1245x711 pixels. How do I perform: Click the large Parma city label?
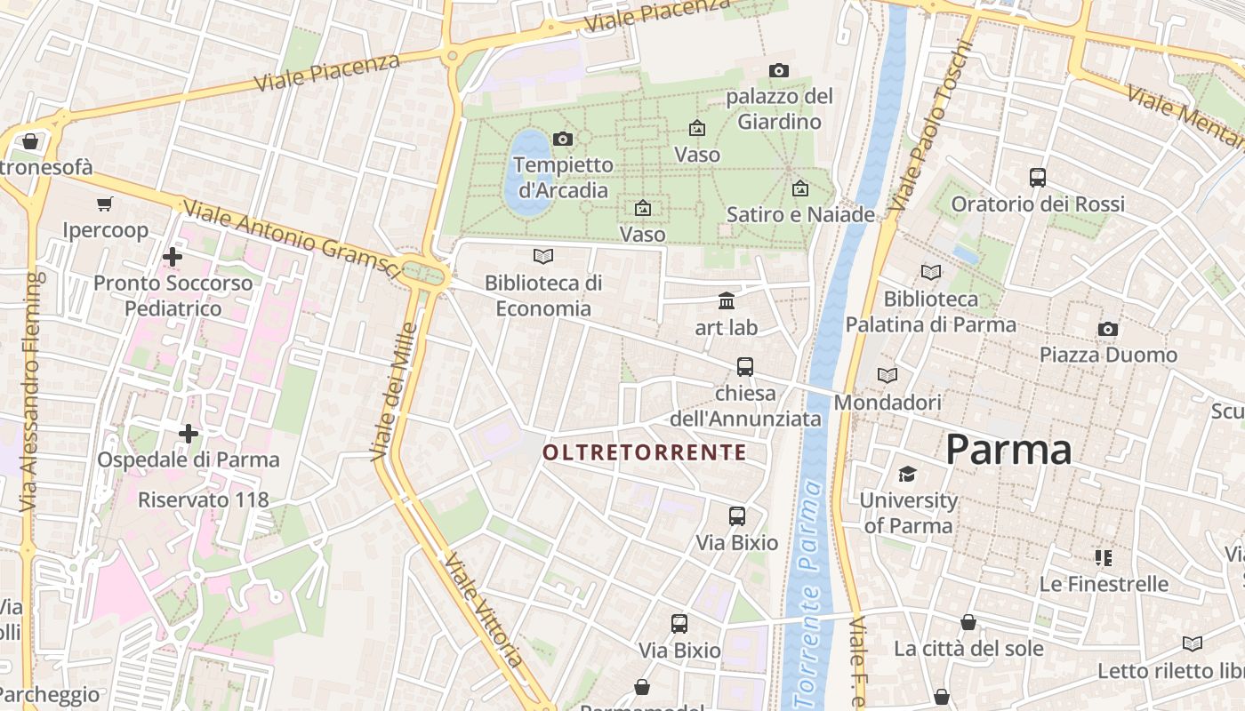1008,449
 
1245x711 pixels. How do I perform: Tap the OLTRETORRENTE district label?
645,452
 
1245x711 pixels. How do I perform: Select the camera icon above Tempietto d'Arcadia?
562,139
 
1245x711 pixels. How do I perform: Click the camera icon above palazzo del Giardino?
779,70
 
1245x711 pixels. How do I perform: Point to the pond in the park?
528,173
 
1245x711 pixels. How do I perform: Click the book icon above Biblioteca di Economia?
542,256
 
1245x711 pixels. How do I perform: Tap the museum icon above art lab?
727,300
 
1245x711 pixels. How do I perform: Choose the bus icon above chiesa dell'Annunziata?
745,366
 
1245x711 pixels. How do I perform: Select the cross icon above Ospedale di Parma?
188,433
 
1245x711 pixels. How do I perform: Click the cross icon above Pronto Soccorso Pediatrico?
173,257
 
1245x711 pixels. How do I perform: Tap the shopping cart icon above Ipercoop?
105,204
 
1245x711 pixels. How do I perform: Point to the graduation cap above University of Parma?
907,474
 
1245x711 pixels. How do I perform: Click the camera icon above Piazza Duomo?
1107,329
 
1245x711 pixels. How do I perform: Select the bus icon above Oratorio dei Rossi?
1038,177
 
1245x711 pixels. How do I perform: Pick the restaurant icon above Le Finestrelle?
1104,557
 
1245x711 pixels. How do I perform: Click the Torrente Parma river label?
807,595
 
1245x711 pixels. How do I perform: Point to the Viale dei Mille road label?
394,391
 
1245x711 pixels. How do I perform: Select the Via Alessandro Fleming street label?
32,391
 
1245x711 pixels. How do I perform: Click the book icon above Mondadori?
887,375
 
